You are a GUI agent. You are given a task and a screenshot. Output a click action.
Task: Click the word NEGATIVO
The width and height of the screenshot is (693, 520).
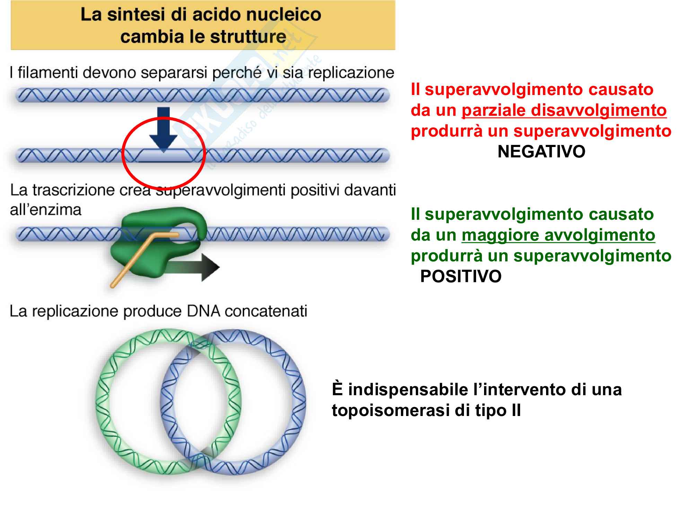point(541,152)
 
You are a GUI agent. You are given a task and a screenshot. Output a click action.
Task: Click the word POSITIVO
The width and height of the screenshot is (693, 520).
point(460,277)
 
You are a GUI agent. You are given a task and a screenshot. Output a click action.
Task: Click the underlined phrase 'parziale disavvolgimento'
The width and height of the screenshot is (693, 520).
point(564,111)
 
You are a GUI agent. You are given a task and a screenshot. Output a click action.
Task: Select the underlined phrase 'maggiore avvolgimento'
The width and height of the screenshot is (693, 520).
point(558,235)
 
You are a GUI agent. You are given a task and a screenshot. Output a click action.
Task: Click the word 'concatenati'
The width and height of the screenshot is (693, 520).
point(266,311)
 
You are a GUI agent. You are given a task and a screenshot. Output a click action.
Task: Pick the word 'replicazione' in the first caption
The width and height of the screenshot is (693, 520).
point(351,73)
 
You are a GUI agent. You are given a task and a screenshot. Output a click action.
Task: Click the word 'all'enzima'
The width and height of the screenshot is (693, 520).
point(45,210)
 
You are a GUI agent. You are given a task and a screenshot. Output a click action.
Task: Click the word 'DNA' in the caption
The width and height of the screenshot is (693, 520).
point(203,311)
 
